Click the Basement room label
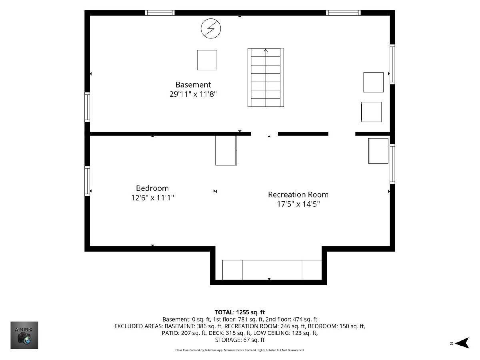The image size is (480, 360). coord(193,84)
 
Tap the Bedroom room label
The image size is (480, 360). coord(152,188)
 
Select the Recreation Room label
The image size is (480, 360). coord(298,194)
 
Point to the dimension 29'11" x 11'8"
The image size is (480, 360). coord(193,94)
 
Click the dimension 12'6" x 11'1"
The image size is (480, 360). coord(152,198)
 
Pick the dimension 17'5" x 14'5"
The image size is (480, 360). coord(298,204)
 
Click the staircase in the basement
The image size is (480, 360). coord(266,78)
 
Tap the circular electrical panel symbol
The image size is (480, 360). coord(211,28)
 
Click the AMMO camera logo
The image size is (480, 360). coord(24,335)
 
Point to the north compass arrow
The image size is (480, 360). coord(462,343)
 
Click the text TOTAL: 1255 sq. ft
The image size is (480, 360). coord(240,312)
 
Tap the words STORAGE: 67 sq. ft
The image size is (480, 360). coord(240,340)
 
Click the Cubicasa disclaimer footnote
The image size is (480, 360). coord(240,350)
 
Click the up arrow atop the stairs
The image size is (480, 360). coord(266,50)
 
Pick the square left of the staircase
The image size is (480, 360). coord(207,60)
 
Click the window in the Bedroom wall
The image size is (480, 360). coord(87,181)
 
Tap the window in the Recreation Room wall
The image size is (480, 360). coord(392,164)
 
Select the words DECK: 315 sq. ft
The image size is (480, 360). coord(229,333)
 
